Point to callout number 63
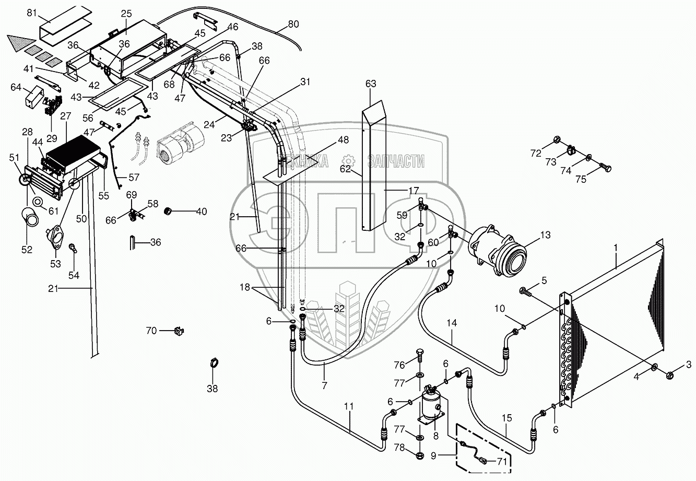[x=371, y=83]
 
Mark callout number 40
[x=201, y=212]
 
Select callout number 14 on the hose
[x=452, y=323]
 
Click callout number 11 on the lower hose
[x=349, y=405]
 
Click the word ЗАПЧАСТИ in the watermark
[x=396, y=162]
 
